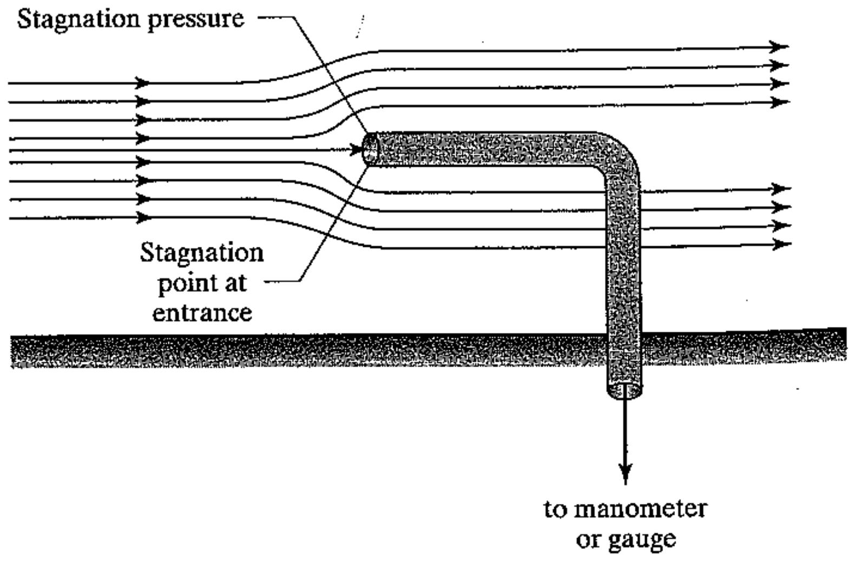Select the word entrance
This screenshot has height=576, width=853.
202,313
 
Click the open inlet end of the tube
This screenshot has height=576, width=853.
370,148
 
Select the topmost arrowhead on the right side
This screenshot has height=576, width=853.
779,47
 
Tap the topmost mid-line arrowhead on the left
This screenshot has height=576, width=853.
142,83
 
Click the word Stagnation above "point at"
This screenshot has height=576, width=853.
202,253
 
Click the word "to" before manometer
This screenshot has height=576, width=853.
555,509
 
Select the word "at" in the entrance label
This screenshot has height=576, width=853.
233,283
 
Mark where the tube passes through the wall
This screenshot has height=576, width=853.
624,351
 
